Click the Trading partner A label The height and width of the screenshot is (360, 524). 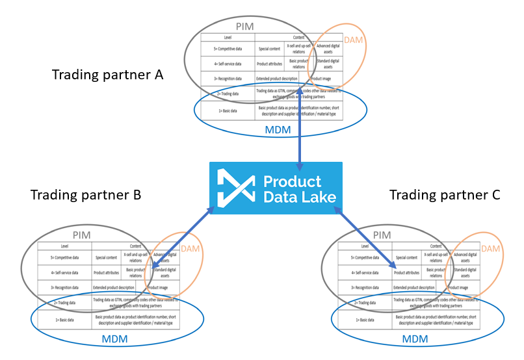tap(107, 75)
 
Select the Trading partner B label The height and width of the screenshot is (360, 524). tap(86, 195)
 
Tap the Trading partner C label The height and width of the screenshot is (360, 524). tap(445, 195)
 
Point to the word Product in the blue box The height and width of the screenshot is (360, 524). tap(292, 181)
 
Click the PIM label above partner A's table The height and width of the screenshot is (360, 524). tap(262, 26)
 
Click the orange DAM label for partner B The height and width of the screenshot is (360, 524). tap(189, 250)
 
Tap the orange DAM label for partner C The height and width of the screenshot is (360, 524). tap(490, 250)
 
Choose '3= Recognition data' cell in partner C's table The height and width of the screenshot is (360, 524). tap(366, 287)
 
